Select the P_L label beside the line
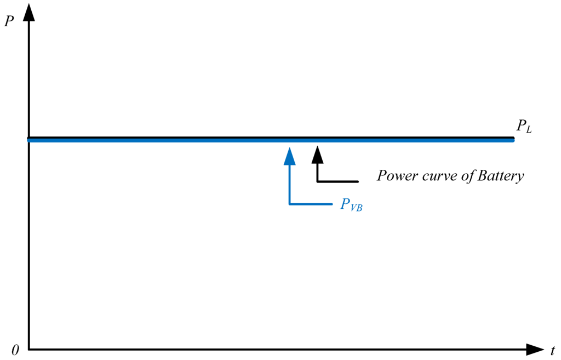click(524, 126)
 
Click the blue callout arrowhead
click(290, 156)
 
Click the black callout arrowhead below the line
click(317, 155)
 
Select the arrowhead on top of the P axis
click(28, 11)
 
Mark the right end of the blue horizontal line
click(513, 140)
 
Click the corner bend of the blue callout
click(290, 204)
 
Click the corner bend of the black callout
click(317, 181)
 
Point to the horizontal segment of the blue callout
click(311, 204)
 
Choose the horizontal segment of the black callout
click(338, 181)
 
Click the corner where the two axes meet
click(28, 349)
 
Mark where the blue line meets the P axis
click(29, 140)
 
